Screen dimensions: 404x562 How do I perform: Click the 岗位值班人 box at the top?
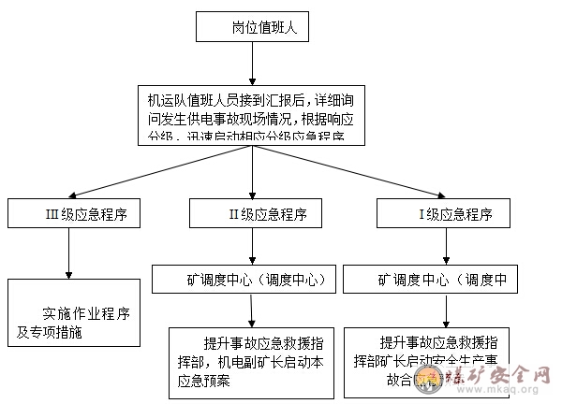(251, 27)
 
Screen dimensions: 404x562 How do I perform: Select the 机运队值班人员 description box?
(251, 113)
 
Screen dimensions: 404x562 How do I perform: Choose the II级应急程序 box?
(254, 213)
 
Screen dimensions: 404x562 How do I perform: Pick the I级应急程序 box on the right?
(444, 213)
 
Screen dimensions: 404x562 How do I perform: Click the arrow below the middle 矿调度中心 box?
(251, 310)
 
